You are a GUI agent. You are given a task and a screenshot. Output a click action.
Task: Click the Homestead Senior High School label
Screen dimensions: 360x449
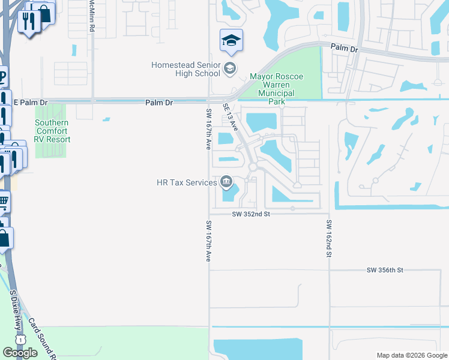[x=186, y=69]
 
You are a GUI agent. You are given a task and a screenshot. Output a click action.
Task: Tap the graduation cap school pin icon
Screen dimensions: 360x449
[x=231, y=40]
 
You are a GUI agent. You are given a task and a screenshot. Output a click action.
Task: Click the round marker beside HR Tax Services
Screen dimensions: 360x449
[x=227, y=181]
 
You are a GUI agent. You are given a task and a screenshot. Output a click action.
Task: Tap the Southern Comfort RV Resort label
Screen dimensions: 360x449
[x=52, y=131]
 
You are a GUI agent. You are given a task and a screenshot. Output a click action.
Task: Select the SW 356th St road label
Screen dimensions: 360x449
[x=385, y=271]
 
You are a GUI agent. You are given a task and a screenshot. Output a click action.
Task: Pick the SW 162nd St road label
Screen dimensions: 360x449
[x=329, y=238]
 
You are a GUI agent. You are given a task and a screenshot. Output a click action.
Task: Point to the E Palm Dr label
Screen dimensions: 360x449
[x=30, y=103]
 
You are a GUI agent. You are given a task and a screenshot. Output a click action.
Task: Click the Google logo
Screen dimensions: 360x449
[x=20, y=353]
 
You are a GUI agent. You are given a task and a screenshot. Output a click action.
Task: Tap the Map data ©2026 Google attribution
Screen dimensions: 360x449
[x=411, y=355]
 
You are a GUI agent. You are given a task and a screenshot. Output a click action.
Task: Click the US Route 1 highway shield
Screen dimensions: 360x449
[x=22, y=340]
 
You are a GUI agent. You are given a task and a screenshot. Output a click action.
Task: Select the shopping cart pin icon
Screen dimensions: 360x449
[x=3, y=202]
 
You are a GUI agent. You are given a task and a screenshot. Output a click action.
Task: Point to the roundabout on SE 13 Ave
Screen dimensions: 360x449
[x=253, y=167]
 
